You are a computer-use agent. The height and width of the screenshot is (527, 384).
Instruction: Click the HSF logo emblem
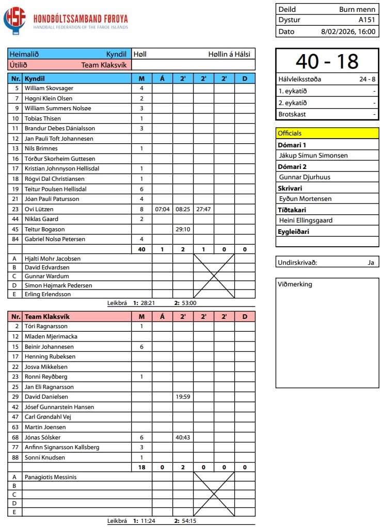(14, 21)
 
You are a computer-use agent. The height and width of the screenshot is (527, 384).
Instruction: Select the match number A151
(366, 20)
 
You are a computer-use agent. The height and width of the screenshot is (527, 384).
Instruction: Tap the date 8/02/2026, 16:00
(348, 31)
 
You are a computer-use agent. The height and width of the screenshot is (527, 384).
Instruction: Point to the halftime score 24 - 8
(366, 79)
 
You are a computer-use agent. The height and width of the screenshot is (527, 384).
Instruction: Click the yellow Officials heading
(290, 133)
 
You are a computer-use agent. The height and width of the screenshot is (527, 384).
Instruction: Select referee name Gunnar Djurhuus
(305, 177)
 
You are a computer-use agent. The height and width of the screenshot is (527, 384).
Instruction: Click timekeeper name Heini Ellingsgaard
(306, 220)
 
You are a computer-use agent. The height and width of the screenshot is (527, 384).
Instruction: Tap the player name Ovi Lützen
(39, 209)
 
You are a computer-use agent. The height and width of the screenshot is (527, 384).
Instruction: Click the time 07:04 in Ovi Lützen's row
(162, 210)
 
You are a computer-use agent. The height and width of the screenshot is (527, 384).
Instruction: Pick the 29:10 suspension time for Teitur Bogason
(183, 229)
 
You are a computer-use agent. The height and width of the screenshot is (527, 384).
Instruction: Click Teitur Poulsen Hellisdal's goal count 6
(141, 189)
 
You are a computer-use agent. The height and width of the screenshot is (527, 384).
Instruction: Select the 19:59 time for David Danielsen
(183, 397)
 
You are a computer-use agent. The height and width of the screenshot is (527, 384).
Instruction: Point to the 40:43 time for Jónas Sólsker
(183, 437)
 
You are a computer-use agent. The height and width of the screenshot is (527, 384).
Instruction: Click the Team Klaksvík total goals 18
(141, 467)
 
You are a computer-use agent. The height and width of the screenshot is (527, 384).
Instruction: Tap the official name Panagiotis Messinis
(51, 477)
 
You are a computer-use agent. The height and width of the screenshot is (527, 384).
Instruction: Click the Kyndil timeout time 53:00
(188, 303)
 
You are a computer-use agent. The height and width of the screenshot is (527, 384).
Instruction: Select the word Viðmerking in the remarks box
(295, 284)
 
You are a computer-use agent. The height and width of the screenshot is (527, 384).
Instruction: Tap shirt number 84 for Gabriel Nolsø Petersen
(16, 239)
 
